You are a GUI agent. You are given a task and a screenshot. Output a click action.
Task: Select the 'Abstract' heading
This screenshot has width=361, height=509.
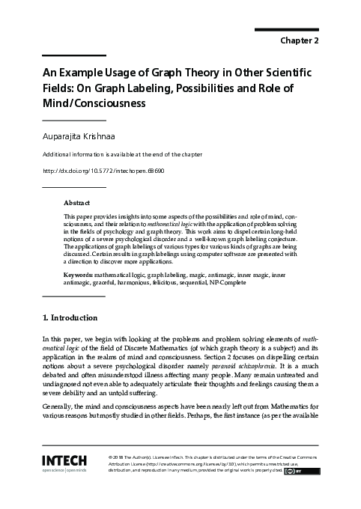pyautogui.click(x=77, y=203)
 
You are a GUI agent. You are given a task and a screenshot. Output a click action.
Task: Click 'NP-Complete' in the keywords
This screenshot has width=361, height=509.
pyautogui.click(x=221, y=283)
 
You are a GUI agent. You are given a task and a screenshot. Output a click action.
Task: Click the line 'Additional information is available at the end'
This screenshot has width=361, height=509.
pyautogui.click(x=122, y=154)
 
